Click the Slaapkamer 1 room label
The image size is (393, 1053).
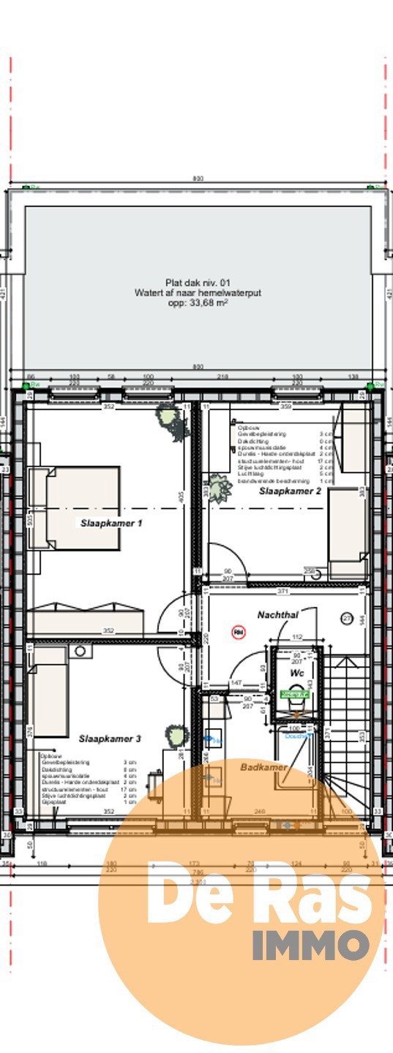click(x=111, y=523)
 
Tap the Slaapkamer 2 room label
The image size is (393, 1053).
click(x=290, y=492)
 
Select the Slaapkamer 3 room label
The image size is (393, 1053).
click(x=110, y=739)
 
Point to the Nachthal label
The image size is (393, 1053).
click(x=277, y=616)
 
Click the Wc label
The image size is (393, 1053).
click(x=296, y=671)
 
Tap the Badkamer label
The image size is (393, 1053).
click(x=263, y=767)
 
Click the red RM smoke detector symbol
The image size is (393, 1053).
click(x=238, y=631)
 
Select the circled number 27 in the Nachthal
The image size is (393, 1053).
click(x=346, y=619)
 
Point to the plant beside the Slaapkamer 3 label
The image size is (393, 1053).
click(x=176, y=734)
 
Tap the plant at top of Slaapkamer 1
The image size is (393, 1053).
click(x=168, y=420)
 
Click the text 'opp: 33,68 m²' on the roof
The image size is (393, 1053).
click(x=198, y=301)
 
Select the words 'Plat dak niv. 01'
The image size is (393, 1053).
click(x=198, y=282)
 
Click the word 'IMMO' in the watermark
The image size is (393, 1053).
click(x=311, y=946)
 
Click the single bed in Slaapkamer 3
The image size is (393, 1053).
click(x=50, y=691)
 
